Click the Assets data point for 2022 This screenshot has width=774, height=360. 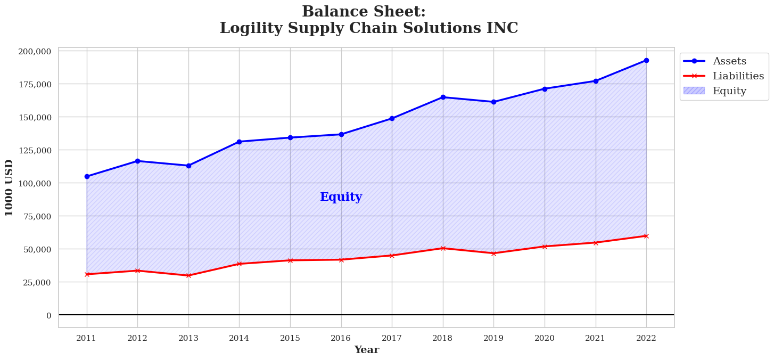[x=646, y=60]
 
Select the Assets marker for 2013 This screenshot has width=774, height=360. [x=188, y=166]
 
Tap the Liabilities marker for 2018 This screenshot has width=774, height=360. [x=443, y=248]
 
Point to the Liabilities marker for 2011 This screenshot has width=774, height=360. [x=87, y=274]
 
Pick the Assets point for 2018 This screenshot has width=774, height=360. [x=443, y=97]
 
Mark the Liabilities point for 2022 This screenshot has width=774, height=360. [x=646, y=236]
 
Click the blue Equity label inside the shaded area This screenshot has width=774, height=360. [x=341, y=197]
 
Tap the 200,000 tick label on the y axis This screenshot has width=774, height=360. [x=35, y=51]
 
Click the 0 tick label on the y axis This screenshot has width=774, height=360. [x=48, y=315]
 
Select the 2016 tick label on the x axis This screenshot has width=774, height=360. [x=341, y=338]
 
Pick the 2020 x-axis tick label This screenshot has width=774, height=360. [x=545, y=338]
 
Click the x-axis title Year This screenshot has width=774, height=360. [x=366, y=350]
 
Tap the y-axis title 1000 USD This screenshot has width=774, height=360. [x=9, y=187]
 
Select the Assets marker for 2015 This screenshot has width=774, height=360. [x=290, y=137]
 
